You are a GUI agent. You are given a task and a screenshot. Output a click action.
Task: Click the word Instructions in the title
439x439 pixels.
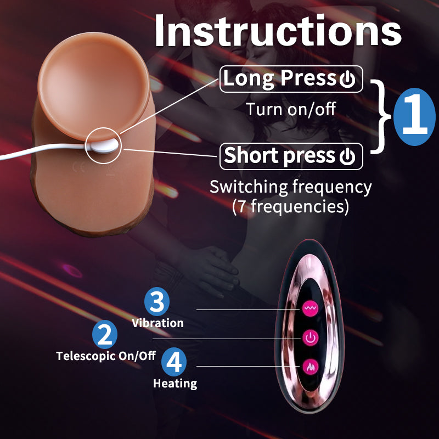pos(278,30)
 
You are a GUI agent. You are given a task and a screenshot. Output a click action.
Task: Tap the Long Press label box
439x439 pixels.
pos(291,79)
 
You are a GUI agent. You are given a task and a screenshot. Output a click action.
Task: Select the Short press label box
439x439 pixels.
pos(291,156)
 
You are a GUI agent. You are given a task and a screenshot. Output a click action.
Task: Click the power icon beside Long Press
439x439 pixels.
pos(347,79)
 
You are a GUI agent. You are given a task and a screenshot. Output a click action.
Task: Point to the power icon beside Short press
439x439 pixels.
pos(347,156)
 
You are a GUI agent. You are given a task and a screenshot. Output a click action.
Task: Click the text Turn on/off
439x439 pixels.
pos(291,109)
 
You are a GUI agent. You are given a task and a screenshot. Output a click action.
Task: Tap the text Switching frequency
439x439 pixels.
pos(291,187)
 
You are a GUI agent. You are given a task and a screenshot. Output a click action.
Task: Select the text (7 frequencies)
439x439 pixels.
pos(291,206)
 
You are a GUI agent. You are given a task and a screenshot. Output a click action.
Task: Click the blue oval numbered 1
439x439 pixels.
pos(415,117)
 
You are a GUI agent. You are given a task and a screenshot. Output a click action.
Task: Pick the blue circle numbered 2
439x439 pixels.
pos(105,335)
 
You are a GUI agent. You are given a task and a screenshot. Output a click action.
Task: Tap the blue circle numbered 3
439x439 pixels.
pos(157,301)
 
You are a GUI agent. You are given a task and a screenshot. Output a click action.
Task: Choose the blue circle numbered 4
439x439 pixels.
pos(174,362)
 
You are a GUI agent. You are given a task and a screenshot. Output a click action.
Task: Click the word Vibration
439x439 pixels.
pos(157,323)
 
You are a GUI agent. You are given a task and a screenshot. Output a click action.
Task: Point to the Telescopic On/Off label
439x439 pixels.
pos(106,356)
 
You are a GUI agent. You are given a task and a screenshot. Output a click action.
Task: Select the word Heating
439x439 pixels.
pos(175,383)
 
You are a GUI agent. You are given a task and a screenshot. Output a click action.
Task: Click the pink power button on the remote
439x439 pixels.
pos(310,337)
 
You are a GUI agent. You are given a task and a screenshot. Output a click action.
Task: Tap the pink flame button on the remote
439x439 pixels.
pos(310,367)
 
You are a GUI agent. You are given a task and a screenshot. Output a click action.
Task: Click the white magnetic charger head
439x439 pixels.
pos(104,146)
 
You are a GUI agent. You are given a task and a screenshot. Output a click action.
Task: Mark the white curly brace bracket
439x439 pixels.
pos(381,117)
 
